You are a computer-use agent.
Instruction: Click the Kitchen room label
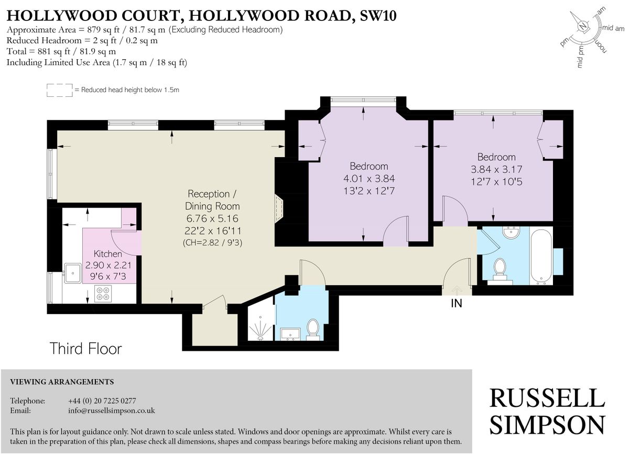[x=108, y=254]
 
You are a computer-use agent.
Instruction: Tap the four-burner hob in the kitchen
[x=103, y=294]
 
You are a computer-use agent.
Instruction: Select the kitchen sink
[x=73, y=273]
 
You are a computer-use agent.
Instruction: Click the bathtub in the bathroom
[x=541, y=256]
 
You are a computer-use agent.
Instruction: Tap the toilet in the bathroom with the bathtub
[x=500, y=269]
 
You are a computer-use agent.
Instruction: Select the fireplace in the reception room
[x=279, y=209]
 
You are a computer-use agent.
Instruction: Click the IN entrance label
[x=457, y=303]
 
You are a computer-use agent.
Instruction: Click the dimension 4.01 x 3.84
[x=369, y=179]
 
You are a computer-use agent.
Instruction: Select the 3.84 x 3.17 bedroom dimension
[x=496, y=169]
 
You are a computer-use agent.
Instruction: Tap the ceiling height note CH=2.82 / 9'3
[x=212, y=242]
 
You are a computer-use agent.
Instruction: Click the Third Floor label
[x=85, y=349]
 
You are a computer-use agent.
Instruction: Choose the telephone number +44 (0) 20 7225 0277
[x=102, y=401]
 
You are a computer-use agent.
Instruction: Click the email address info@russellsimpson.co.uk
[x=112, y=411]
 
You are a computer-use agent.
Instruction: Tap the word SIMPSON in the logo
[x=547, y=425]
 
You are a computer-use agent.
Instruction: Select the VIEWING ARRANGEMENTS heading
[x=62, y=382]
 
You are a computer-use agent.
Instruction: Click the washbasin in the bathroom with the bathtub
[x=512, y=232]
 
